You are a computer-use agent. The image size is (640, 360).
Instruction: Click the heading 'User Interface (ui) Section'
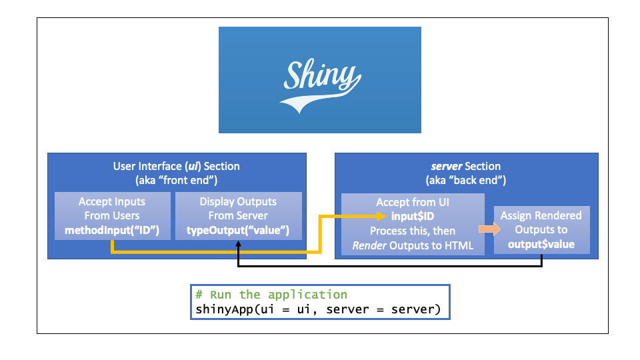pos(177,166)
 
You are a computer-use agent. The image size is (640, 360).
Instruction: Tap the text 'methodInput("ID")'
pos(112,230)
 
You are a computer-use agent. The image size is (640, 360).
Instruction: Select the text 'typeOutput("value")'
pos(238,230)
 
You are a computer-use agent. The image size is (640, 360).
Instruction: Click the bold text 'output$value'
pos(541,244)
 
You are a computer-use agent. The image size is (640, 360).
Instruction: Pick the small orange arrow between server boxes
pos(489,229)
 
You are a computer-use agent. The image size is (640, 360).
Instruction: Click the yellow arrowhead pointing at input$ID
pos(381,216)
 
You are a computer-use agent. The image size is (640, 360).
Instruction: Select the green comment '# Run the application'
pos(271,295)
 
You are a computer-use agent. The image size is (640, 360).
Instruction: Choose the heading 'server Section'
pos(465,166)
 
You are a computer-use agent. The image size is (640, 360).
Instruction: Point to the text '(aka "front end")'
pos(177,180)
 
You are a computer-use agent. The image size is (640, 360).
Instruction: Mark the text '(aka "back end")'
pos(465,180)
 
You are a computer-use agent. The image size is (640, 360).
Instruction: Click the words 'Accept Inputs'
pos(112,201)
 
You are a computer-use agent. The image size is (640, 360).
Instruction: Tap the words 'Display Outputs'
pos(238,201)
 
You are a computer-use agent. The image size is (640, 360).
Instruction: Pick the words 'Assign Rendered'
pos(541,215)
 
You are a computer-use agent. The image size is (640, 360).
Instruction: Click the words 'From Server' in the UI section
pos(238,215)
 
